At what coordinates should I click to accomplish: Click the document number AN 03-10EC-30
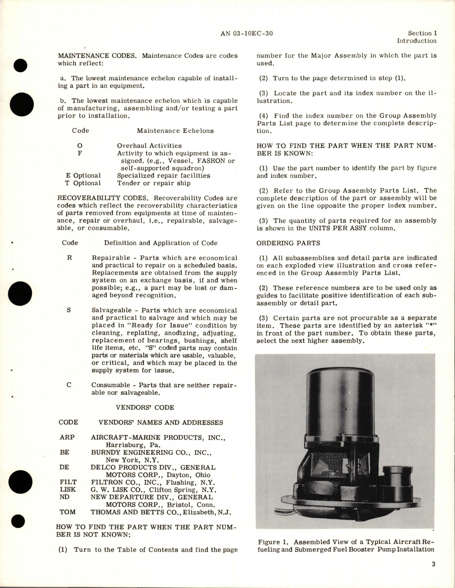[x=247, y=34]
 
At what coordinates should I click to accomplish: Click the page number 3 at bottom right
[x=434, y=565]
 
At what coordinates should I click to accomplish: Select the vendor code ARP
[x=67, y=437]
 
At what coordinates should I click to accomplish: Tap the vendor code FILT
[x=68, y=482]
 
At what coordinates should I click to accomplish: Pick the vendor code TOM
[x=67, y=512]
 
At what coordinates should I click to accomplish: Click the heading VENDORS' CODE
[x=145, y=407]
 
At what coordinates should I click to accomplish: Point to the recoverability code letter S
[x=69, y=310]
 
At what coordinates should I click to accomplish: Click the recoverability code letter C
[x=69, y=385]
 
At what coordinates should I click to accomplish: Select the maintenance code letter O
[x=80, y=146]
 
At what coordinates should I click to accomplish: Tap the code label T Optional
[x=83, y=183]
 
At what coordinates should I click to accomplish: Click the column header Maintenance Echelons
[x=175, y=131]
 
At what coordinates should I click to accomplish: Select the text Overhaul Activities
[x=149, y=146]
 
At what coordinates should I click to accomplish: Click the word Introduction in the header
[x=416, y=41]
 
